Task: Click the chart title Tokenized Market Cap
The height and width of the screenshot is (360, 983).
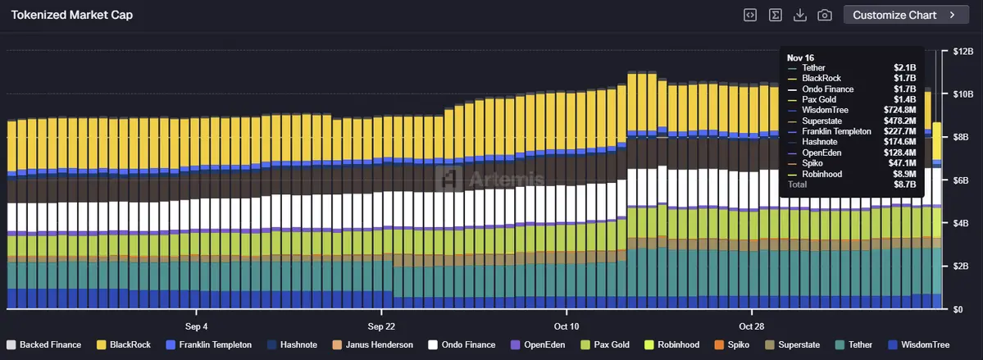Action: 71,15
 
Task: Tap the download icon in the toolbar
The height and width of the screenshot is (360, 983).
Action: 800,15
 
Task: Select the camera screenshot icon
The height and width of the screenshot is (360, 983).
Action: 825,15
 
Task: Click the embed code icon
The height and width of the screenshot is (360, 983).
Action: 749,15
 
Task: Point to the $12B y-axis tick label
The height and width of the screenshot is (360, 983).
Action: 962,52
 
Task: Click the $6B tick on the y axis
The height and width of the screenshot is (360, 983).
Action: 961,180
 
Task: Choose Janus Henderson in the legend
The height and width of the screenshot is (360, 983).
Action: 372,344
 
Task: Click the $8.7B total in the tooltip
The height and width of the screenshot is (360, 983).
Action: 904,185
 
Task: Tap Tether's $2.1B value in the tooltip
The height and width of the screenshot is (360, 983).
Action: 904,67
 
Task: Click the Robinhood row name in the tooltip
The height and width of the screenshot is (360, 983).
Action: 822,174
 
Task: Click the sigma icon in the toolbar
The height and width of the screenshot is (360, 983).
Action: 775,15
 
